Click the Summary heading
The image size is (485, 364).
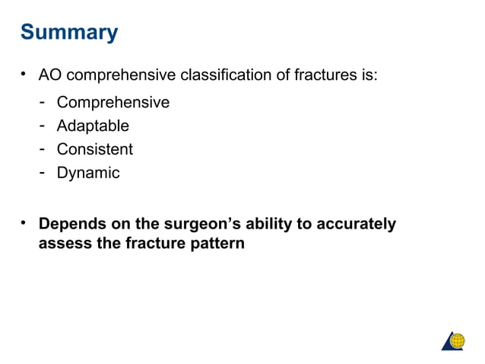click(x=69, y=33)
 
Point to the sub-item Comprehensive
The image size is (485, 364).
click(x=113, y=102)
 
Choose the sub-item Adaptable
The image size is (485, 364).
click(x=93, y=126)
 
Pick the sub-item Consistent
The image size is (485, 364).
click(x=95, y=149)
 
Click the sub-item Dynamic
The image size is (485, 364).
click(x=88, y=173)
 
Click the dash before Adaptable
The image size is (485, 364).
click(x=45, y=125)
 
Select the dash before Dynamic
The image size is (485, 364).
click(x=45, y=172)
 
